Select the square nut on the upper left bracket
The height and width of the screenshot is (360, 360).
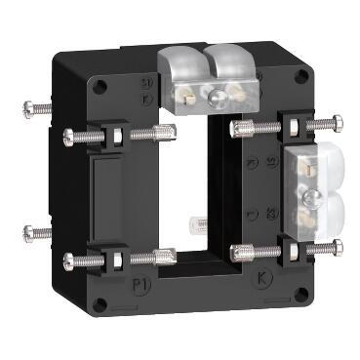109,133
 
